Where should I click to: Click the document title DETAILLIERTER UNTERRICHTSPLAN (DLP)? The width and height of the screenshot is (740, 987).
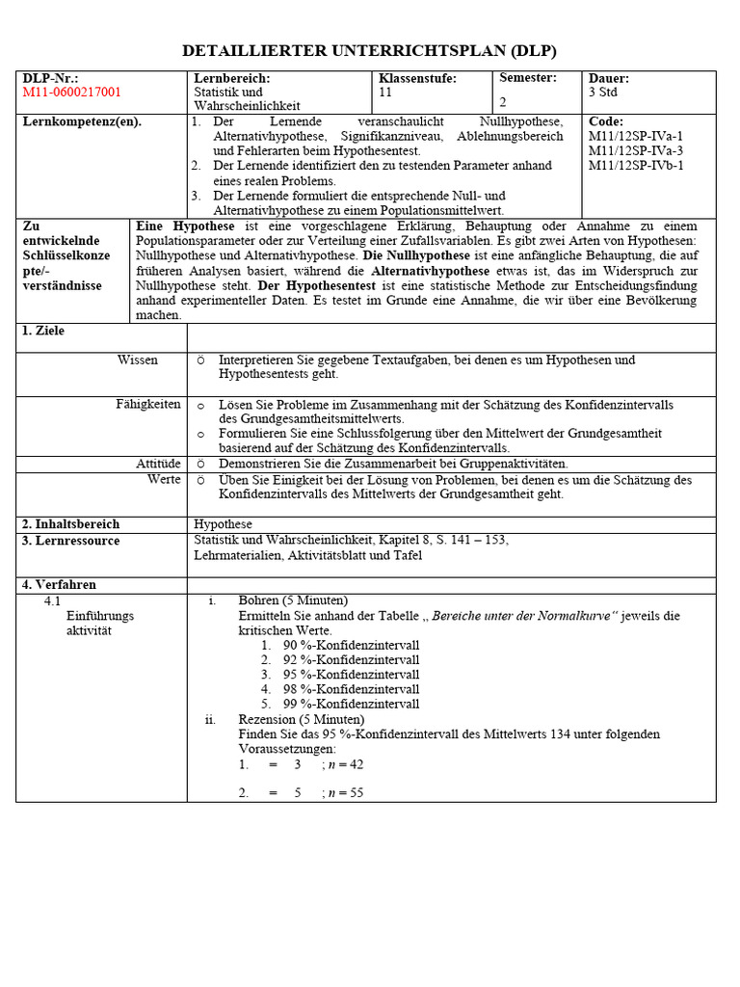tap(370, 51)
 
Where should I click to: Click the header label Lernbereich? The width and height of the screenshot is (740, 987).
tap(232, 78)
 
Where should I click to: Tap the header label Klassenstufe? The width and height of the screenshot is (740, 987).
tap(417, 78)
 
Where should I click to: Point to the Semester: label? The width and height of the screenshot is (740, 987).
tap(528, 78)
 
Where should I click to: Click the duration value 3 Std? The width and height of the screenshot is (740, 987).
tap(604, 93)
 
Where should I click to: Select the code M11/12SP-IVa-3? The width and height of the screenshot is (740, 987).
tap(635, 150)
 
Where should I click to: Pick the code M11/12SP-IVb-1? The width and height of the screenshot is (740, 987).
tap(636, 165)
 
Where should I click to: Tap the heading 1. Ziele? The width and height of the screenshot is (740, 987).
tap(43, 331)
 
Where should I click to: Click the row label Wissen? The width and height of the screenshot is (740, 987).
tap(138, 360)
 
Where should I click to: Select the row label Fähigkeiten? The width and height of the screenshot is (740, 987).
tap(148, 405)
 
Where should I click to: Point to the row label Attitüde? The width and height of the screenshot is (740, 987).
tap(158, 464)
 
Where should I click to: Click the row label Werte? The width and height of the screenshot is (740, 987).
tap(164, 479)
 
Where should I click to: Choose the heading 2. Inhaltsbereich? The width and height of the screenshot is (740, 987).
tap(71, 524)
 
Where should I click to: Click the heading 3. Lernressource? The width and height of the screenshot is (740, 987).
tap(71, 541)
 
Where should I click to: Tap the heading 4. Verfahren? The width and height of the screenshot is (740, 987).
tap(59, 584)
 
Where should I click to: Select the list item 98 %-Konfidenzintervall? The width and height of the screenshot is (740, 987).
tap(351, 689)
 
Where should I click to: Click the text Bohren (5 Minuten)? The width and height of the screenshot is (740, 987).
tap(293, 600)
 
